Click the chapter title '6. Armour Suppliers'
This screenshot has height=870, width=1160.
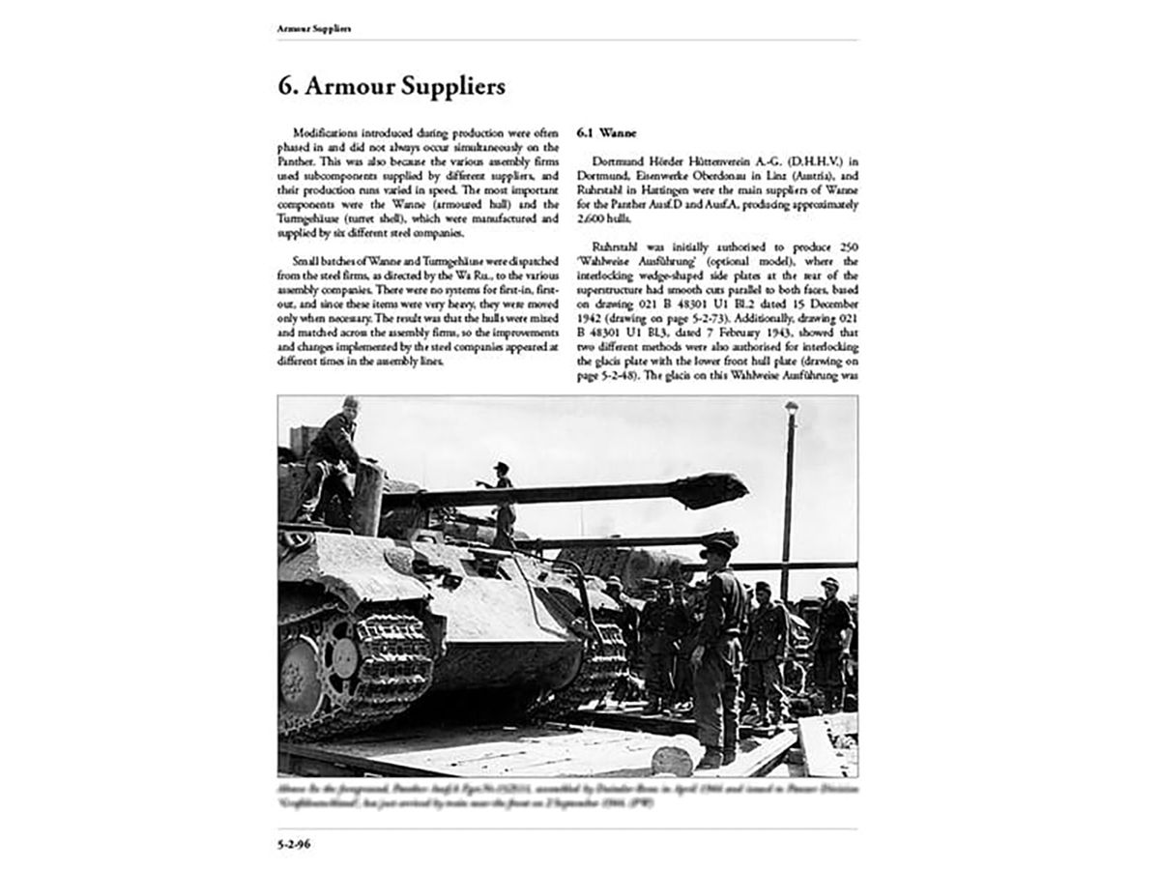click(x=391, y=86)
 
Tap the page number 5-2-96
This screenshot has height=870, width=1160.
click(x=296, y=843)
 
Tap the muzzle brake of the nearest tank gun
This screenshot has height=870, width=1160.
click(x=719, y=489)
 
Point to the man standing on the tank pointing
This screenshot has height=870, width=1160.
click(x=502, y=503)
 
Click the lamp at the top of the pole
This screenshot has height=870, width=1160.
click(x=792, y=409)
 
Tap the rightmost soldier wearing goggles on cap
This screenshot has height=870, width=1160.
click(x=830, y=628)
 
